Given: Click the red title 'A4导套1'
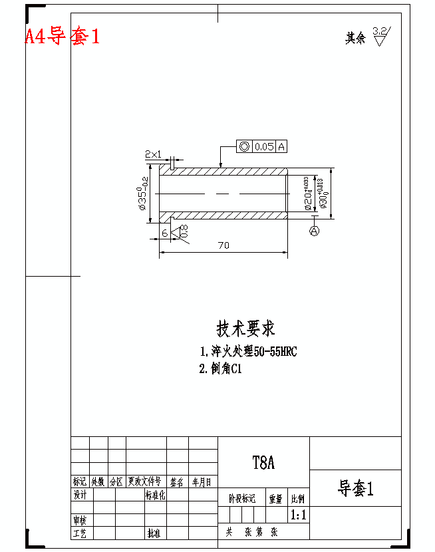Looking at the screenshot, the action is [x=63, y=36].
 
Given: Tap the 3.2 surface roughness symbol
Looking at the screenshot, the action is [x=381, y=35].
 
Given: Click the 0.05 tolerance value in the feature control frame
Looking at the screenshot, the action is [x=264, y=146].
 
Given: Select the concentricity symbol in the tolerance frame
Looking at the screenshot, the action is [x=244, y=146].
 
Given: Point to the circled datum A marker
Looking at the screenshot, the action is [x=315, y=231].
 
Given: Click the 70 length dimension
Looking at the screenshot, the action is [x=223, y=245].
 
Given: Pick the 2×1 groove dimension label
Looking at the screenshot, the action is [x=154, y=154].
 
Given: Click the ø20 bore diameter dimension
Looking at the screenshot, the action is [x=308, y=194].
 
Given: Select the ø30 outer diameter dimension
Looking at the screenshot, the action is [x=323, y=194].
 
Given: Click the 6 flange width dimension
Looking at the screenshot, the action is [x=165, y=233].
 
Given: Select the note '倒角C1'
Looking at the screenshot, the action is [x=220, y=369].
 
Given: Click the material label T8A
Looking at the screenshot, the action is [x=263, y=463].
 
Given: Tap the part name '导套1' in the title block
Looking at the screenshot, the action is [x=355, y=489].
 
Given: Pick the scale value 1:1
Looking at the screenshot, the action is [x=298, y=515].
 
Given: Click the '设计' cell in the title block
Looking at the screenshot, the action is [x=80, y=495].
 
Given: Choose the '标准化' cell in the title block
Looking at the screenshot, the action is [x=155, y=495].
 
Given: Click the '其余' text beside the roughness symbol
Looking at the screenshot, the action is [x=355, y=38].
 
